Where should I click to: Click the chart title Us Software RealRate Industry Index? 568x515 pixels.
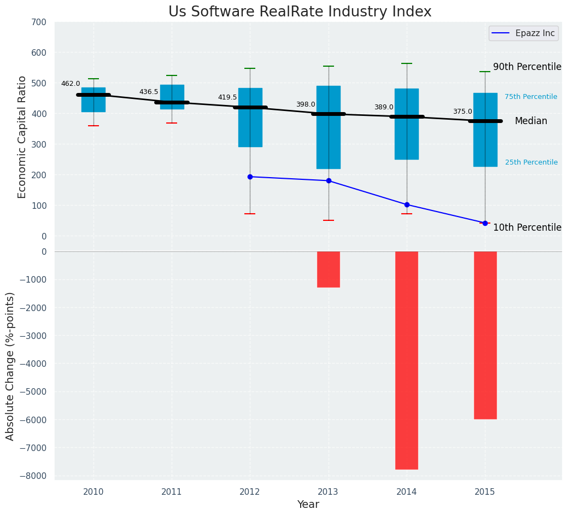[x=300, y=12]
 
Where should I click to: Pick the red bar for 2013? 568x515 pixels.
[x=329, y=269]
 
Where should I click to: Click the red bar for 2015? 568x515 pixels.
[x=485, y=335]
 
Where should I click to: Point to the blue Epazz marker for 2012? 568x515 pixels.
[x=250, y=177]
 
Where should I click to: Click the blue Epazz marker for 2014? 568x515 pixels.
[x=407, y=204]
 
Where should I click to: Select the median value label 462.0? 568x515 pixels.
[x=71, y=84]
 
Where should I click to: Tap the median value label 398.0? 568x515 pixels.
[x=306, y=104]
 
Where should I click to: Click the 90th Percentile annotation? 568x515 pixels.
[x=527, y=67]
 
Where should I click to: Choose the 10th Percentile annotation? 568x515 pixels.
[x=527, y=227]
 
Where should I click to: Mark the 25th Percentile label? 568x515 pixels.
[x=531, y=162]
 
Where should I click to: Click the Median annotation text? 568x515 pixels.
[x=531, y=121]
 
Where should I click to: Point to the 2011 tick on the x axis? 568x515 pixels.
[x=172, y=492]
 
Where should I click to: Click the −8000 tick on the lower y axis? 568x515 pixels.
[x=33, y=476]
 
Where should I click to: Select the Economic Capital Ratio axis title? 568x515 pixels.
[x=22, y=137]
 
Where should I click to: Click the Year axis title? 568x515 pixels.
[x=308, y=505]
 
